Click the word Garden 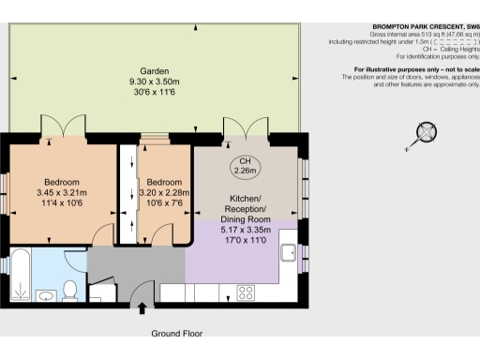tap(155, 71)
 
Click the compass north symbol tap(428, 131)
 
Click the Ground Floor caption tap(176, 333)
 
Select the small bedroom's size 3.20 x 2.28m tap(163, 193)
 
